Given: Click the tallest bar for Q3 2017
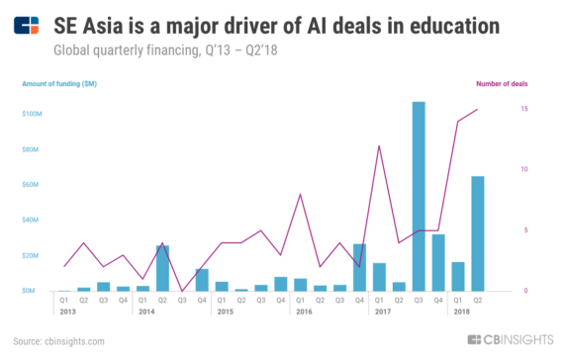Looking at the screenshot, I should click(x=419, y=197).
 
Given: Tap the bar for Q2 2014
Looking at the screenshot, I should click(x=162, y=268).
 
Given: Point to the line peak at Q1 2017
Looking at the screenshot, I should click(x=379, y=145).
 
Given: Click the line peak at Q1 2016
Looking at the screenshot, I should click(x=300, y=194).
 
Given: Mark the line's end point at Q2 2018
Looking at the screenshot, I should click(x=478, y=109).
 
